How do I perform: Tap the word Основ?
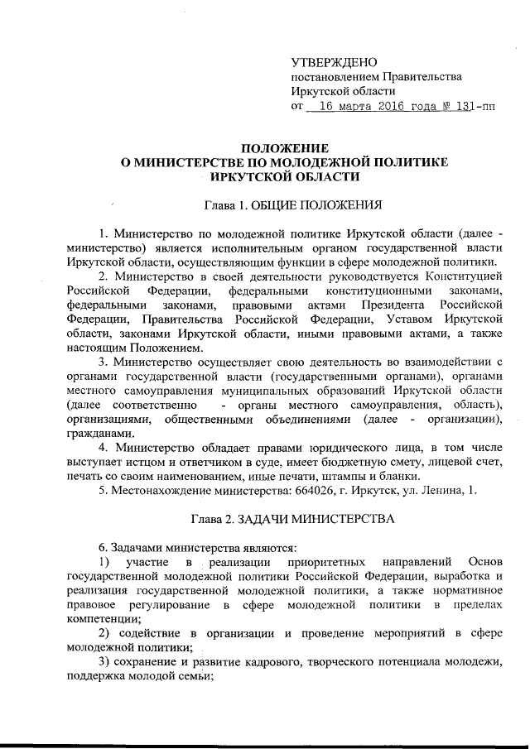click(x=484, y=564)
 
